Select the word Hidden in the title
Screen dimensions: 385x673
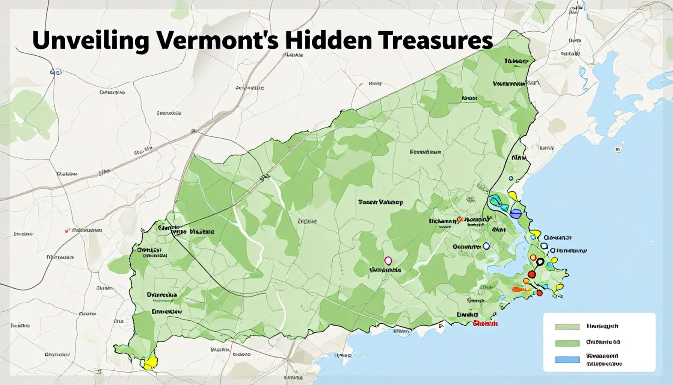pyautogui.click(x=326, y=41)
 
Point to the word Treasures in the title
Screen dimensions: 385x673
pyautogui.click(x=432, y=41)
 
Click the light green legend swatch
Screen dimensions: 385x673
pyautogui.click(x=567, y=327)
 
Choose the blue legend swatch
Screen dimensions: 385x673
pyautogui.click(x=567, y=359)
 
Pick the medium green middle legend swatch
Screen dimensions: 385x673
pyautogui.click(x=567, y=343)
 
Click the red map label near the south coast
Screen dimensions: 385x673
pyautogui.click(x=486, y=323)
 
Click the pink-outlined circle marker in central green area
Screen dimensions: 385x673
pyautogui.click(x=388, y=260)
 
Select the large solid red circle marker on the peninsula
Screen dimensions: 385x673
pyautogui.click(x=531, y=274)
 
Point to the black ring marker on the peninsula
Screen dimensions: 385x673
pyautogui.click(x=540, y=262)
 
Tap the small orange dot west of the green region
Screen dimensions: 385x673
pyautogui.click(x=67, y=230)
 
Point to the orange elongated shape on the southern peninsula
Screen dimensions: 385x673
pyautogui.click(x=521, y=289)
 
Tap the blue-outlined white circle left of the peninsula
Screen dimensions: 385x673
pyautogui.click(x=486, y=246)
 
